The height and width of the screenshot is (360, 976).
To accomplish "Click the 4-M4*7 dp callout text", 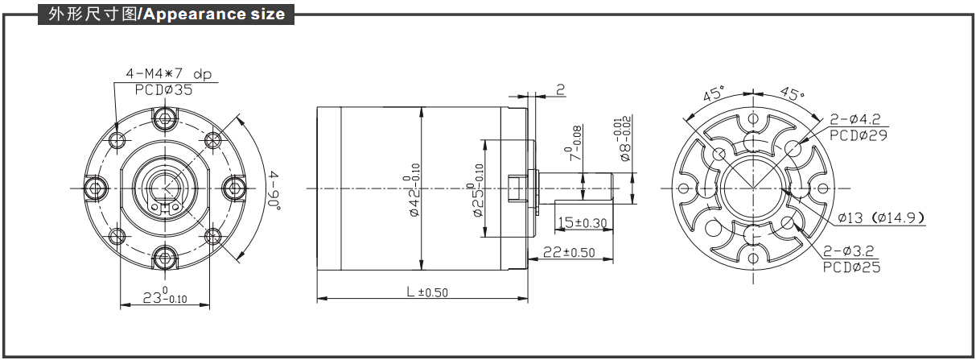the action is click(169, 74).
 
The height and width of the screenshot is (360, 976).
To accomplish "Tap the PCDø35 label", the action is click(163, 89).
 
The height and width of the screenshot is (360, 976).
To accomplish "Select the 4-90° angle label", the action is click(274, 190).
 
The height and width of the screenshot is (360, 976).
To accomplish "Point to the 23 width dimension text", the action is click(165, 296).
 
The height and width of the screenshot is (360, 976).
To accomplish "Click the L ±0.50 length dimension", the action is click(427, 292).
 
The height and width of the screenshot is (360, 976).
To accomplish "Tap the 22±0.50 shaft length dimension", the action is click(569, 252).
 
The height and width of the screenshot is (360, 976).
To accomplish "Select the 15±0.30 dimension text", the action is click(582, 222).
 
